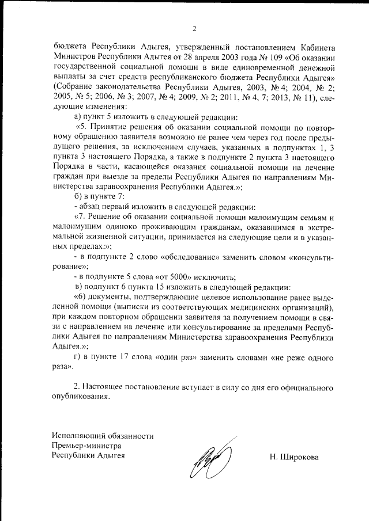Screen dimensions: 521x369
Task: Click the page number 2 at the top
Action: click(194, 29)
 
